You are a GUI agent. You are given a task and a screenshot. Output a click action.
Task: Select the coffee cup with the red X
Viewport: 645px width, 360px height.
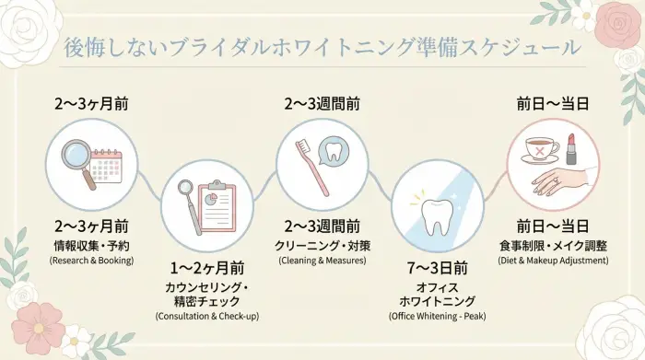(x=539, y=149)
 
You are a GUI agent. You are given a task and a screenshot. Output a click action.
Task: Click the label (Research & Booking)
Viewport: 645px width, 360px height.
(x=91, y=261)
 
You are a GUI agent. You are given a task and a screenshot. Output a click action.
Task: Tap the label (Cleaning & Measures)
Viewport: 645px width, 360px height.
(x=322, y=261)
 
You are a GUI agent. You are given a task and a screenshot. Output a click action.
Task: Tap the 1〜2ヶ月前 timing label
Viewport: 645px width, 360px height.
(x=206, y=269)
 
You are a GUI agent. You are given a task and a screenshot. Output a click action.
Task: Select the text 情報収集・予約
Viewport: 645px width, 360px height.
(x=91, y=245)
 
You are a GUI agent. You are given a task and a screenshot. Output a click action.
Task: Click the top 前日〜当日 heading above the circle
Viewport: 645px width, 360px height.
(x=553, y=103)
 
